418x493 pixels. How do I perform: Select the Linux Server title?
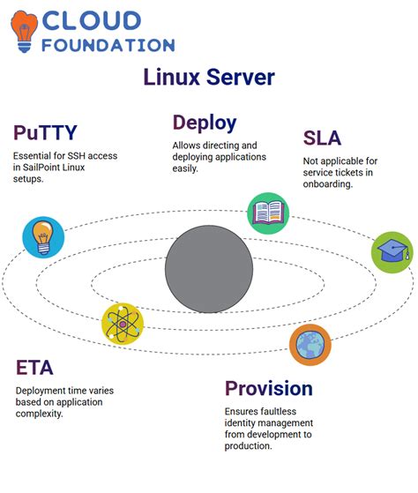coord(209,78)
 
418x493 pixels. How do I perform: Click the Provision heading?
coord(268,388)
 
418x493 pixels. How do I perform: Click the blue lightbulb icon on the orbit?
coord(43,237)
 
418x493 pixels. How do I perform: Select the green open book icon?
coord(267,213)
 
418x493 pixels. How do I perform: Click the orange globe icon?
coord(310,345)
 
